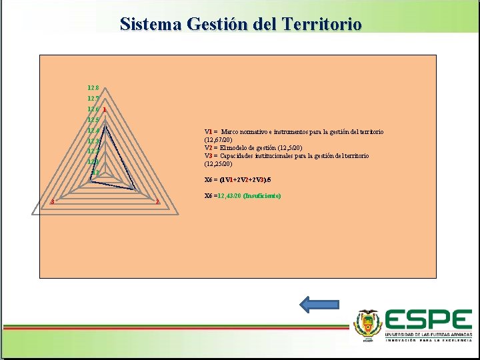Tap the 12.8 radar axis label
[93, 87]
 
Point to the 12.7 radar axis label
[93, 98]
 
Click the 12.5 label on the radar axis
[93, 120]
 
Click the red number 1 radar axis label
[105, 109]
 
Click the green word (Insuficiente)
[262, 196]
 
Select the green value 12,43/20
[229, 196]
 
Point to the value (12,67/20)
[218, 140]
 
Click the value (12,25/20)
[218, 163]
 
